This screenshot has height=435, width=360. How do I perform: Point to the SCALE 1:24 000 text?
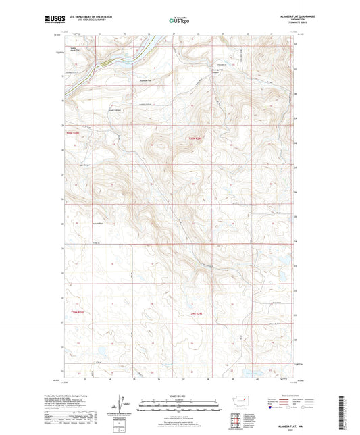tap(180, 396)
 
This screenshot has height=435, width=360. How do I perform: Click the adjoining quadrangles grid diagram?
tap(236, 419)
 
